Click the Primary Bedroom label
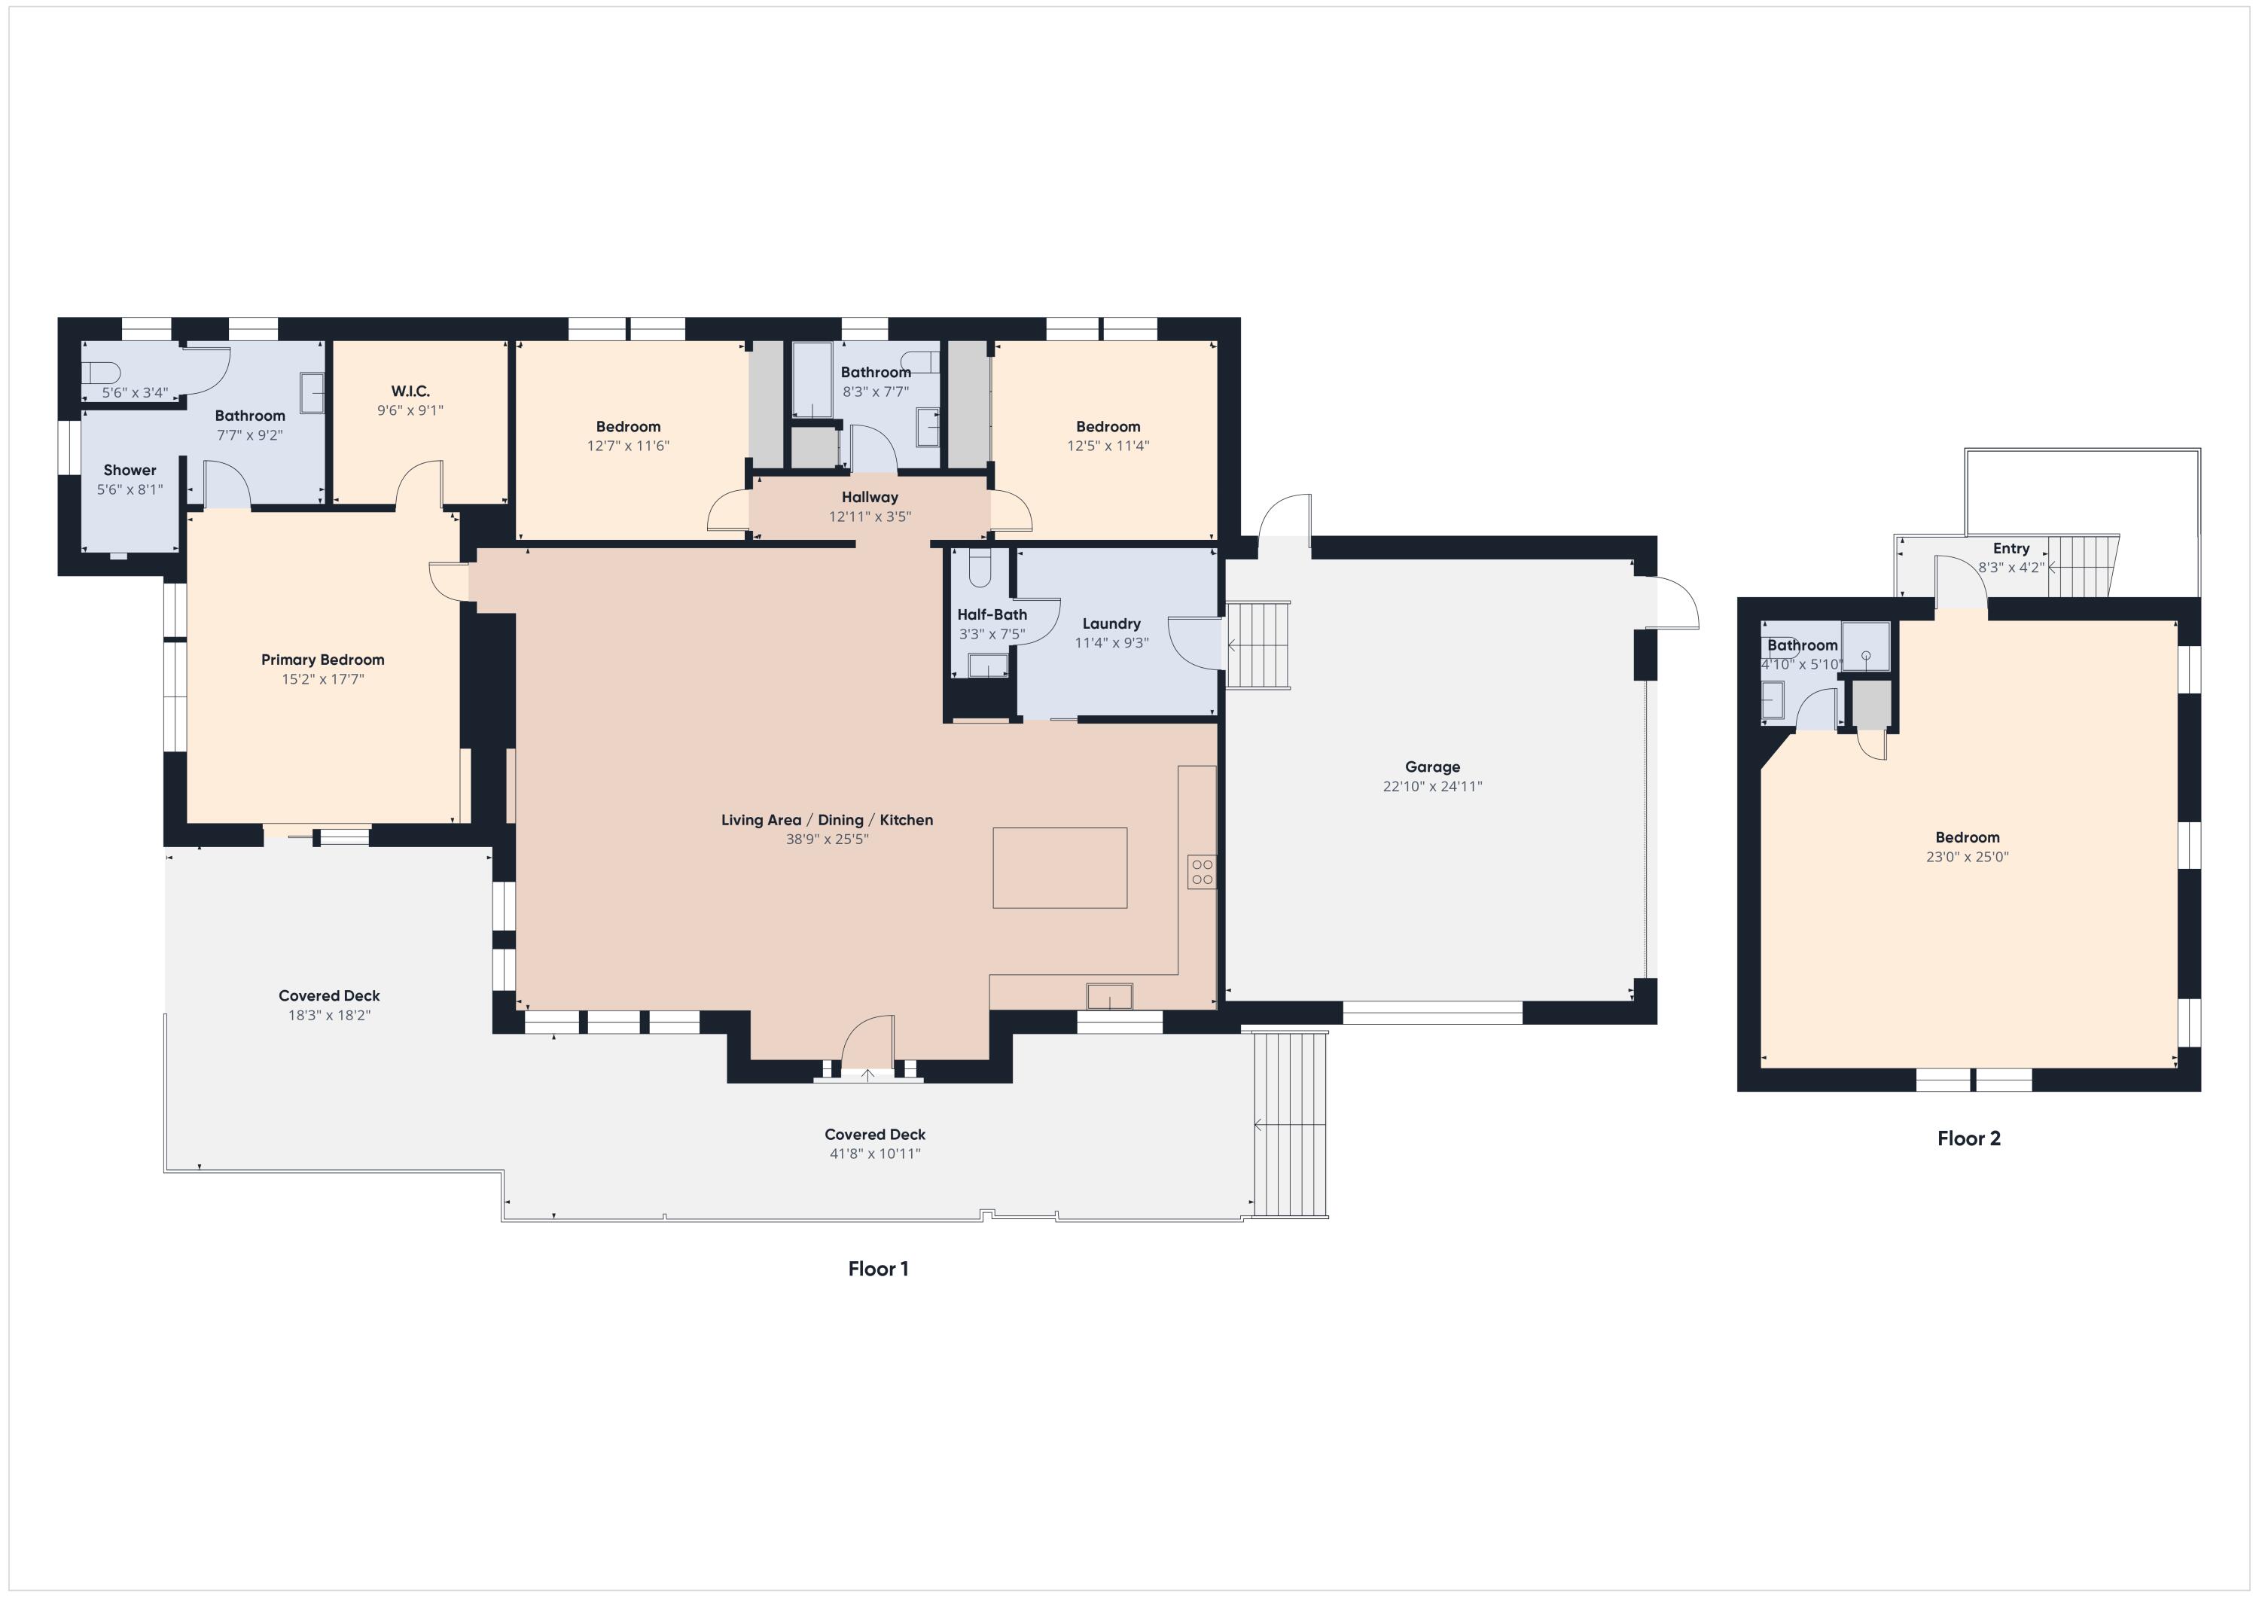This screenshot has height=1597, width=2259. click(323, 660)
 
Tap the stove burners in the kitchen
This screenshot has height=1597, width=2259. click(1201, 872)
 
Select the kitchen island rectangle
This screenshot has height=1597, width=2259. click(1059, 867)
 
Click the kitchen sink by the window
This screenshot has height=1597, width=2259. click(1109, 996)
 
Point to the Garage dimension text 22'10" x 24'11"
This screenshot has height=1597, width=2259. click(1431, 786)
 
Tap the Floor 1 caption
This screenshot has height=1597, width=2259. click(878, 1269)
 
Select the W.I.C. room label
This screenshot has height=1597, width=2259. click(410, 392)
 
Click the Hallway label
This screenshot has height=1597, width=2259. click(870, 497)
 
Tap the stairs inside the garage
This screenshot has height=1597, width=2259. click(1258, 645)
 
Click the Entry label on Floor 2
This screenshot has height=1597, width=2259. click(2011, 548)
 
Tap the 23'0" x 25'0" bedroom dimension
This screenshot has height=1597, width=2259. click(1967, 857)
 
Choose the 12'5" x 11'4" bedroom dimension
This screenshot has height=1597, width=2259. click(1108, 446)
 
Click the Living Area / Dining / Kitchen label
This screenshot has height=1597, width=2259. click(827, 820)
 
